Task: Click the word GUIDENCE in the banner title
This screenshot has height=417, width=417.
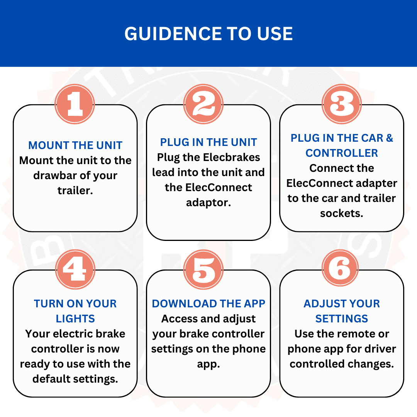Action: click(x=173, y=34)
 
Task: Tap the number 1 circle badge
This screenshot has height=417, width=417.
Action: click(x=75, y=104)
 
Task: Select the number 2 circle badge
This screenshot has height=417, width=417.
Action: click(x=203, y=104)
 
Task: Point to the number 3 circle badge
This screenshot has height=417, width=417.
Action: click(x=342, y=104)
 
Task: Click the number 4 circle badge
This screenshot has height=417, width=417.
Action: click(x=75, y=270)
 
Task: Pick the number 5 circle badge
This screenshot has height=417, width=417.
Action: click(x=203, y=270)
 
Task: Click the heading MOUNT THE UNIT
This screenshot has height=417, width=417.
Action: click(x=75, y=146)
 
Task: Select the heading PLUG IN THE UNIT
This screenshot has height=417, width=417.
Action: click(x=208, y=142)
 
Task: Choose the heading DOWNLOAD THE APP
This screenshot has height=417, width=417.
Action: click(x=208, y=304)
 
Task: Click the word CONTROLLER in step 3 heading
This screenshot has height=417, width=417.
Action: click(x=342, y=153)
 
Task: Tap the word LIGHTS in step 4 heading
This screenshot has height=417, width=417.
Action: click(x=75, y=319)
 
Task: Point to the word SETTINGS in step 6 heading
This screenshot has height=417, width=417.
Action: click(x=342, y=319)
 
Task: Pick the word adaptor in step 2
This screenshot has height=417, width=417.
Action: click(x=208, y=203)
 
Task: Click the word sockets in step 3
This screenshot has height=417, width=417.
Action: click(x=342, y=214)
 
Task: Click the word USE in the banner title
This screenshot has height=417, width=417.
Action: click(x=275, y=34)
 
